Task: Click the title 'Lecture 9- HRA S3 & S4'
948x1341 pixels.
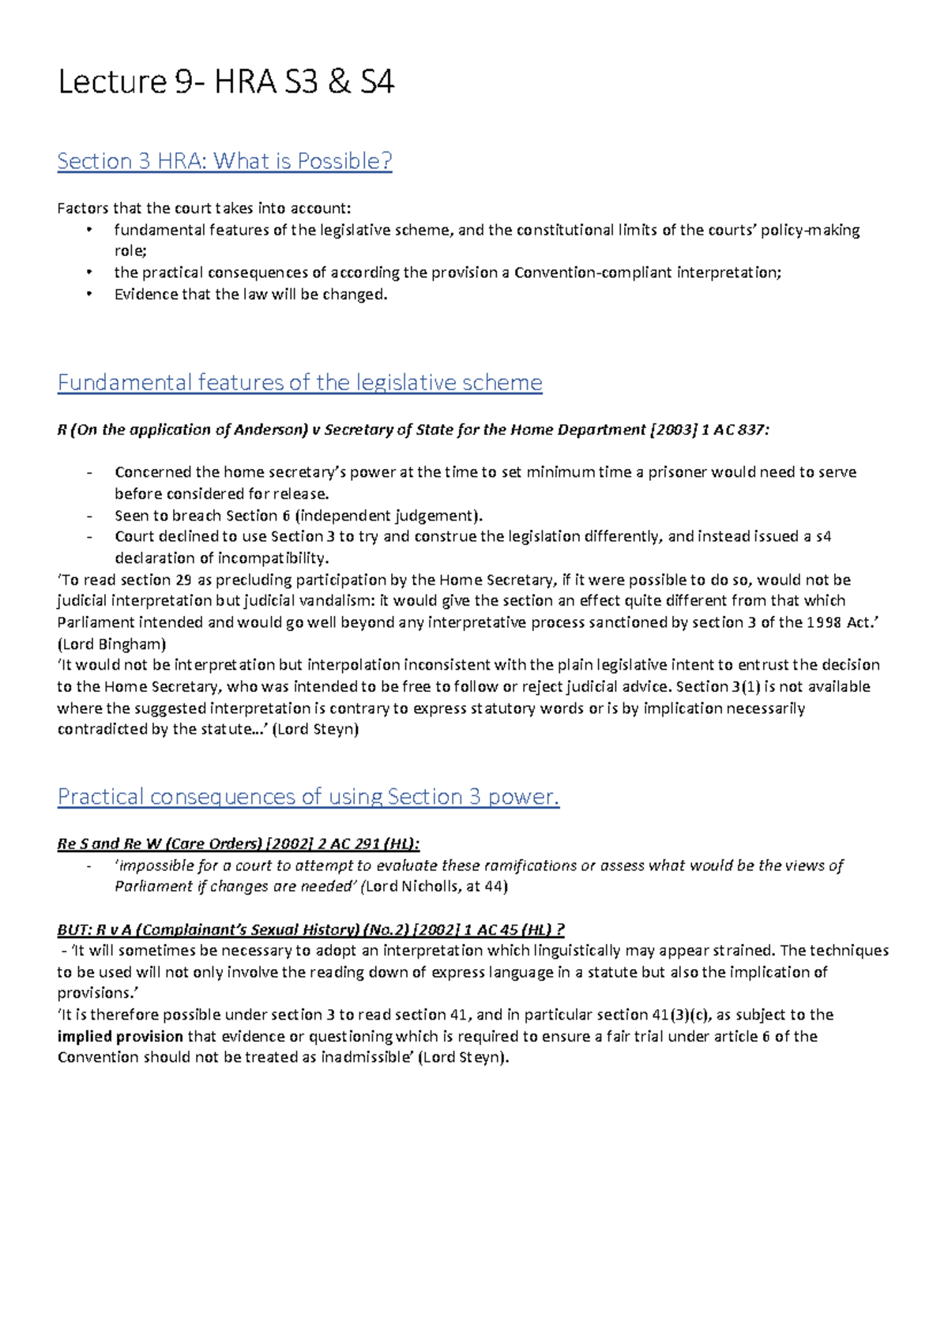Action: [226, 82]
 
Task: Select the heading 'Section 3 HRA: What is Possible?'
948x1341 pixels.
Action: [224, 161]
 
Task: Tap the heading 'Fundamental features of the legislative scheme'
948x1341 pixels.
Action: [299, 383]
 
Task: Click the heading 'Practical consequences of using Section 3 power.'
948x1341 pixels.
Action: [308, 797]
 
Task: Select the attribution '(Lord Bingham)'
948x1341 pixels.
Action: [111, 644]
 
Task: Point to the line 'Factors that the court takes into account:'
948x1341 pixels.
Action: [204, 209]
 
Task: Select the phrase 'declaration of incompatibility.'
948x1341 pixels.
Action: [221, 558]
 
